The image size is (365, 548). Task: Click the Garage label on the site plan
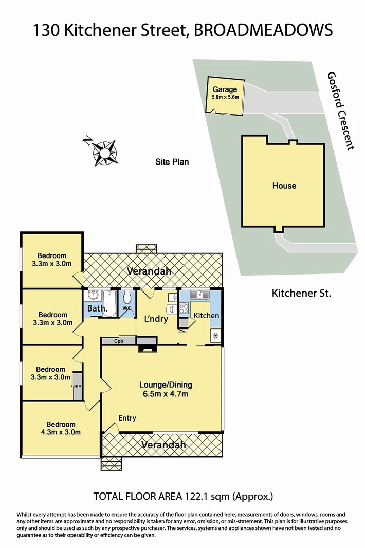225,89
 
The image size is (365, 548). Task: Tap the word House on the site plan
284,186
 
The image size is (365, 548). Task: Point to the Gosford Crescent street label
341,111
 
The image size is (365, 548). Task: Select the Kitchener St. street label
301,294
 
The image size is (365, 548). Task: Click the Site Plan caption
172,162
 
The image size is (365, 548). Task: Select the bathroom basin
93,296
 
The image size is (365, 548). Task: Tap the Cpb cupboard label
118,340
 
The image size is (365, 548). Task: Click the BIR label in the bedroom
78,386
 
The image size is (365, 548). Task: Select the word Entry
127,418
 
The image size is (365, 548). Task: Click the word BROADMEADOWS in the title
264,30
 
